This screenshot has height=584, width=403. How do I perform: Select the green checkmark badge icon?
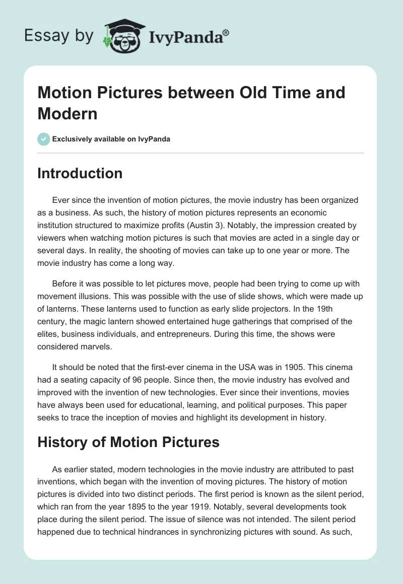[43, 139]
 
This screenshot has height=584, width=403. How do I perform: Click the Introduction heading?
[80, 173]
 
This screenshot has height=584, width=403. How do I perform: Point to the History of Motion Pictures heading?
[128, 442]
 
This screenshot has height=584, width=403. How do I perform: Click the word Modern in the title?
[67, 113]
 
